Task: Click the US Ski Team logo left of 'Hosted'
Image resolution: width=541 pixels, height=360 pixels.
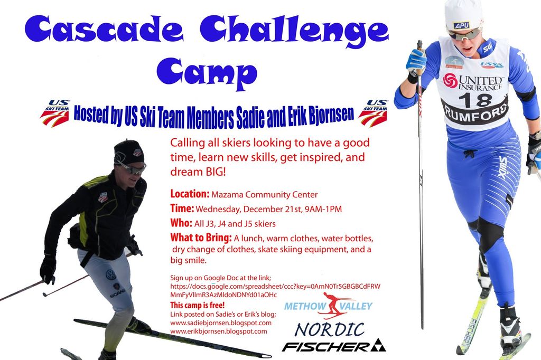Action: [x=55, y=113]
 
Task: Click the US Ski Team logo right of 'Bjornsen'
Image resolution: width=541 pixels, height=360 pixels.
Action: [x=373, y=113]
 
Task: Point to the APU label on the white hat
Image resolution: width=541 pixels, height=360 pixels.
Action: [x=461, y=25]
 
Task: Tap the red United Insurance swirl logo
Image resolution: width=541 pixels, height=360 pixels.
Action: [x=450, y=81]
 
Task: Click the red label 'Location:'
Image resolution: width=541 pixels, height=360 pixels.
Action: [x=190, y=194]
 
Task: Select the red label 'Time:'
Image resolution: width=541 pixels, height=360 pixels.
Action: [x=182, y=209]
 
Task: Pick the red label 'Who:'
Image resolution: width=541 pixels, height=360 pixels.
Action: [x=181, y=223]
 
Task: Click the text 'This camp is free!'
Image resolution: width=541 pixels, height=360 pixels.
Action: [x=198, y=305]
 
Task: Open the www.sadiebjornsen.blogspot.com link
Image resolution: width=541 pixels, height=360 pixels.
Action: [x=221, y=323]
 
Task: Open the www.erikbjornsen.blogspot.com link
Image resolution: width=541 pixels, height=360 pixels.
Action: [x=219, y=331]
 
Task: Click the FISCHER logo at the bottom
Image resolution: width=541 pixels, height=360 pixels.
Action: [x=334, y=346]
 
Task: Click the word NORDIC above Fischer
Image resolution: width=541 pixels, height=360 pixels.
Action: [x=330, y=329]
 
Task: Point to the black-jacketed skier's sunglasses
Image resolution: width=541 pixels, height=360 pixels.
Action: [x=132, y=167]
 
